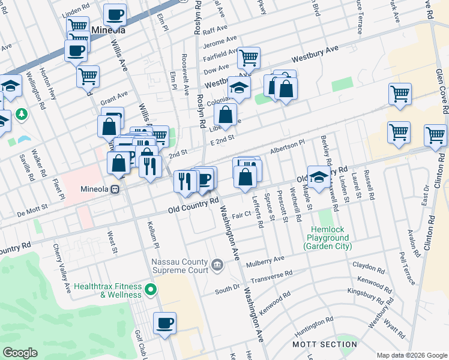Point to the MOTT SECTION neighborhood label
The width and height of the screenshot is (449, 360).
(324, 344)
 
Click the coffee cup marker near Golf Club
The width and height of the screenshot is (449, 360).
(164, 324)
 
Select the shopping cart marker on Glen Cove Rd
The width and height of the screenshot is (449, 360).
(435, 136)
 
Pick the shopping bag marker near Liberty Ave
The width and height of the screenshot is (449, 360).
(226, 114)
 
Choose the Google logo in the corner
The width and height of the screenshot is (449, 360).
(20, 353)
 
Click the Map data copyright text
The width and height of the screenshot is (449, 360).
(411, 355)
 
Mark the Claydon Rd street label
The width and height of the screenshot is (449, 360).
(368, 267)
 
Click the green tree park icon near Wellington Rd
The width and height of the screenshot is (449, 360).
(22, 113)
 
